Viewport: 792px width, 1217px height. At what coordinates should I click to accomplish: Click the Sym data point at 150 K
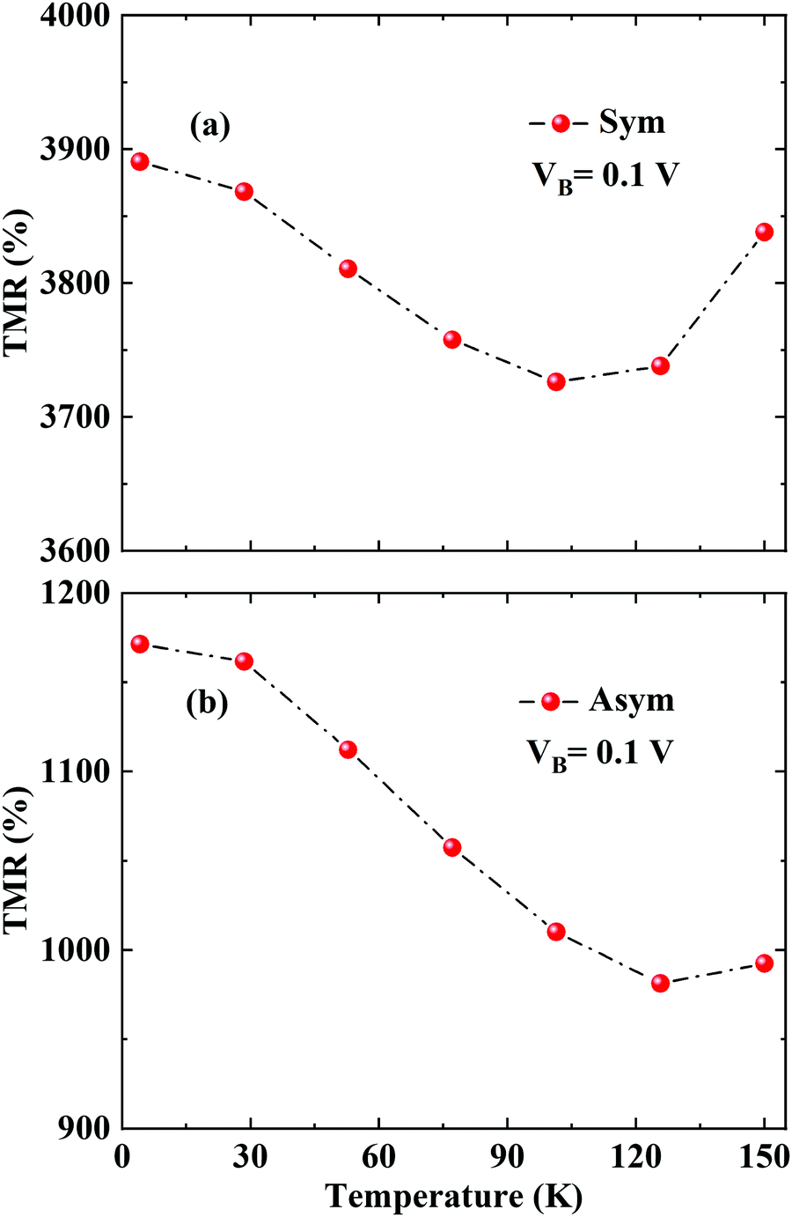tap(764, 232)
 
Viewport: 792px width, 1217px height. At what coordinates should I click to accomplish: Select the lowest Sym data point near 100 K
tap(556, 381)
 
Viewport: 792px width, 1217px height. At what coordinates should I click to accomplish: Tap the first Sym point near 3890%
tap(139, 161)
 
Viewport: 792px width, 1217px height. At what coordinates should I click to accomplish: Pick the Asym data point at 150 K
tap(764, 963)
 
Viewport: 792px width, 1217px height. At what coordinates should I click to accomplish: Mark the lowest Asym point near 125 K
tap(660, 983)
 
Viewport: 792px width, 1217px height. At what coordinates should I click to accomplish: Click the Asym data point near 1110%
tap(348, 749)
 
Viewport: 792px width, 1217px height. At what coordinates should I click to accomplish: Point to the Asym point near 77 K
tap(452, 847)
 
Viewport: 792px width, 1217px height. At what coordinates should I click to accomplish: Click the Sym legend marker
tap(561, 123)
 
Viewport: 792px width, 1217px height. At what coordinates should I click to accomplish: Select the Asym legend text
tap(632, 700)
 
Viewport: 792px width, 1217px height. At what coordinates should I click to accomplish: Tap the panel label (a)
tap(209, 127)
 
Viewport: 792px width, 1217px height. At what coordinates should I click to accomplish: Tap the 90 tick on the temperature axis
tap(508, 1156)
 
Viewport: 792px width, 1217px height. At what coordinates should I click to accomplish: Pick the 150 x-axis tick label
tap(763, 1156)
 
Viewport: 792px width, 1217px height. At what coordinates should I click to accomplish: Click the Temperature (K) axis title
tap(453, 1196)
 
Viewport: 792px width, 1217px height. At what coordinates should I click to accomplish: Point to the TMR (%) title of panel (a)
tap(19, 282)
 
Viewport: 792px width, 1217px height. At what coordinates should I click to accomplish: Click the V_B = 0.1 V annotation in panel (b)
tap(601, 753)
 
